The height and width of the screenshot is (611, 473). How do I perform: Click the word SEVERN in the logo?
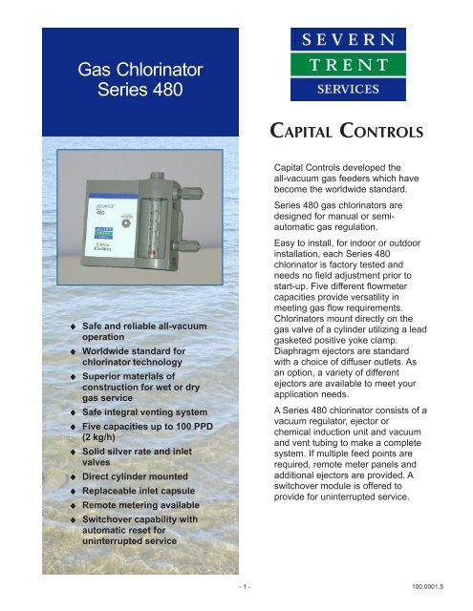[x=350, y=41]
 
